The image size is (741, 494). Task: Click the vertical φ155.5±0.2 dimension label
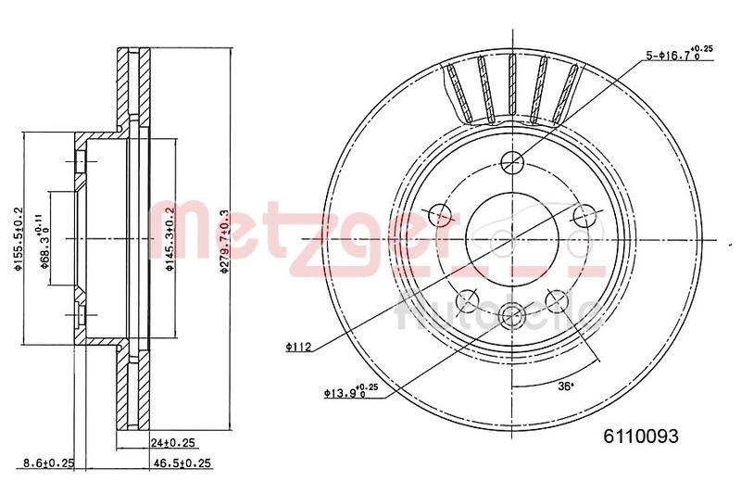coord(17,240)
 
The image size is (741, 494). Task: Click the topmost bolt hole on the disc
coord(512,161)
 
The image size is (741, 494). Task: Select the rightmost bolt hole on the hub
coord(583,216)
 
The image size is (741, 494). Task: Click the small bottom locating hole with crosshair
coord(511,316)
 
